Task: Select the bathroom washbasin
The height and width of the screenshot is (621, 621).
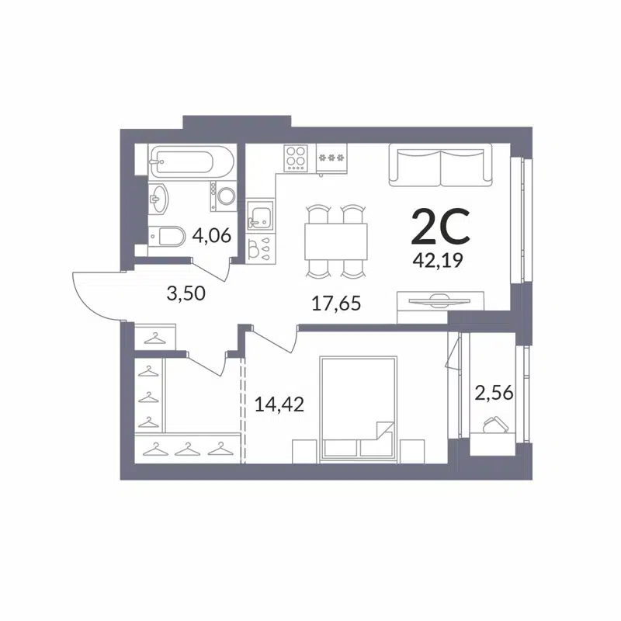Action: point(159,198)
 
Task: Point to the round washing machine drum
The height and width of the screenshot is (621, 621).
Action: point(224,196)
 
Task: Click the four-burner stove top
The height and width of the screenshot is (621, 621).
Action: point(296,158)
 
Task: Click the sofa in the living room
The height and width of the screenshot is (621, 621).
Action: point(441,165)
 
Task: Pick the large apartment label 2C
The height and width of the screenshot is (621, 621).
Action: point(439,227)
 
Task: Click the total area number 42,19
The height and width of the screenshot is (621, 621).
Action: point(439,261)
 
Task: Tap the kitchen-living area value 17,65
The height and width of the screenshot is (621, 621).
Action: point(336,303)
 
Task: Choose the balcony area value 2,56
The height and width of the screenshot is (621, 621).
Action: point(494,394)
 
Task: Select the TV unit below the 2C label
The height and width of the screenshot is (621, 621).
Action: point(439,300)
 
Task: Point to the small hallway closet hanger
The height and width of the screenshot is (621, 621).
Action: point(156,338)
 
